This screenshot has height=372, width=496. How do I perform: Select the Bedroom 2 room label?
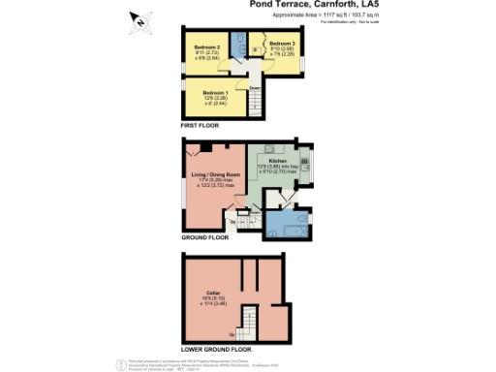click(x=205, y=46)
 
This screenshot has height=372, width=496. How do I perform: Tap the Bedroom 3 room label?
click(x=282, y=44)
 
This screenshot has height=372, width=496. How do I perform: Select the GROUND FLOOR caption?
click(x=205, y=235)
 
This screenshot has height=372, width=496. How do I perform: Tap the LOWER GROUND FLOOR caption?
click(x=216, y=347)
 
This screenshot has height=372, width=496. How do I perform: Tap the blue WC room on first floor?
click(x=239, y=47)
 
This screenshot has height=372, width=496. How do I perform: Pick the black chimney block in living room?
click(x=218, y=147)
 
